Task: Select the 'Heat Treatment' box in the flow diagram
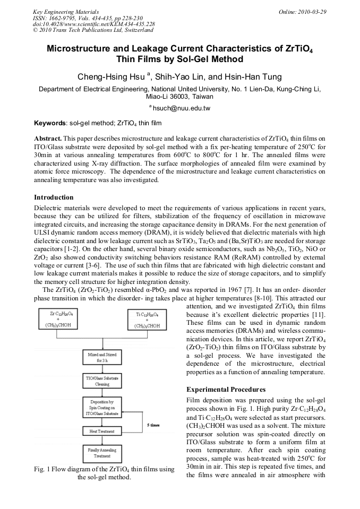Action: pos(101,431)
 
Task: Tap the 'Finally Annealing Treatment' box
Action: pos(102,453)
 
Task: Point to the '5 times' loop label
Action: pos(153,426)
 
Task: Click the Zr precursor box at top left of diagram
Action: pos(59,319)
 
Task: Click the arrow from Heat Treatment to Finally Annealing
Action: pos(102,441)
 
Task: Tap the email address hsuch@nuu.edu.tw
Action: pos(181,108)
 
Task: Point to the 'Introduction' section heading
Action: pos(54,197)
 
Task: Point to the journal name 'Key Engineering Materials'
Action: pos(65,12)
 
